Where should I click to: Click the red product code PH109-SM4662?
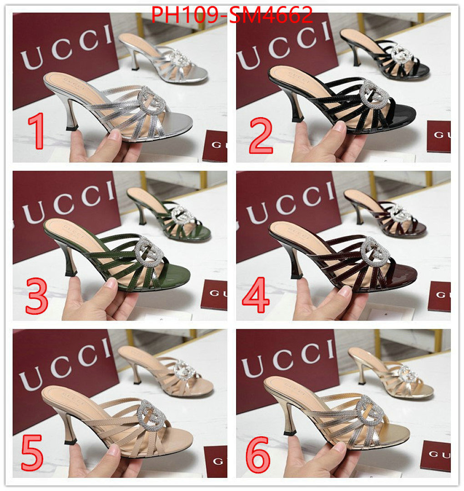[232, 15]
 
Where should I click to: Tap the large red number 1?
[36, 132]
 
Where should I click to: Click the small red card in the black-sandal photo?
[439, 136]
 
